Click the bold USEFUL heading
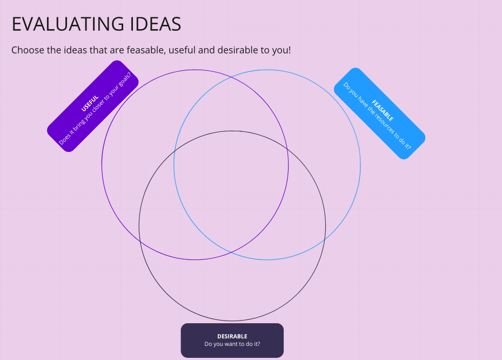point(90,103)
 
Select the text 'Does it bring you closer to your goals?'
point(96,109)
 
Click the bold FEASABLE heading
point(383,110)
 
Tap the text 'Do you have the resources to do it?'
point(377,116)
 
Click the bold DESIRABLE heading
point(232,336)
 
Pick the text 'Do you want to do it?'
point(232,344)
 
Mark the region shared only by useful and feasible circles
point(231,106)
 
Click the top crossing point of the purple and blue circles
point(231,77)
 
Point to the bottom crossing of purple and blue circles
point(231,252)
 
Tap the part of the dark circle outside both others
point(232,288)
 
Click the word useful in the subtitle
point(182,50)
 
